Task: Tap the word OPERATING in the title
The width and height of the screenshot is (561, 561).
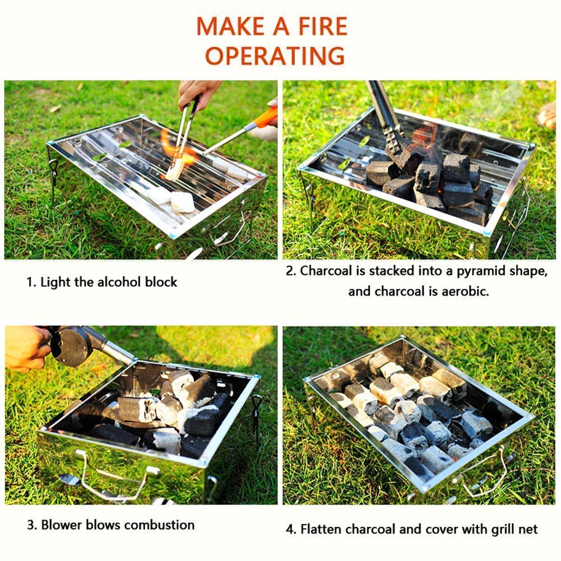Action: point(275,55)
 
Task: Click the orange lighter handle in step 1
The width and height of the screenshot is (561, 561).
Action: point(264,118)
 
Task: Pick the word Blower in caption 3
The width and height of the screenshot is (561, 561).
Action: point(60,525)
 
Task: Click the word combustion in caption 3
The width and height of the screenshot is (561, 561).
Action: point(159,525)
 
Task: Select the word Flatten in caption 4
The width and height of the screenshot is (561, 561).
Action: point(322,528)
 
